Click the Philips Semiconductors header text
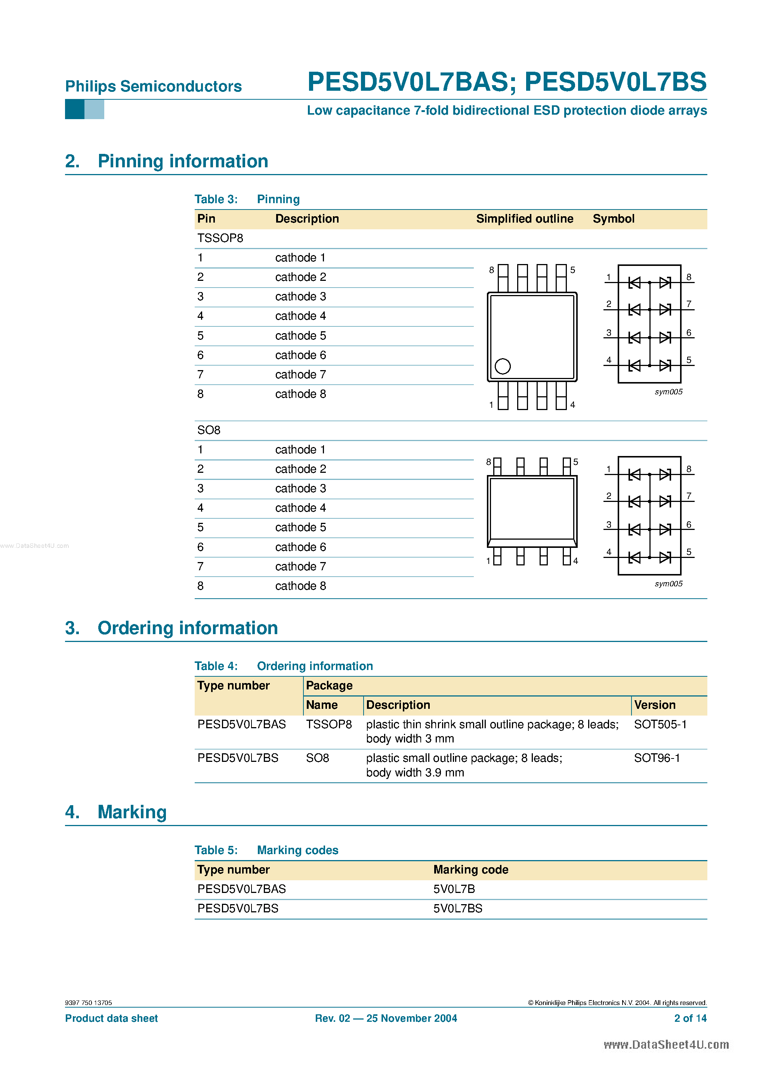pos(153,87)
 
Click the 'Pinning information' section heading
pos(183,161)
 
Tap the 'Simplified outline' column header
pos(525,219)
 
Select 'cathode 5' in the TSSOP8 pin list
pos(300,336)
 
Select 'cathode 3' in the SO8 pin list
pos(300,488)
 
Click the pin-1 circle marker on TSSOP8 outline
pos(503,366)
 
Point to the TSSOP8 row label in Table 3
pos(220,238)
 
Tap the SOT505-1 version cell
pos(660,725)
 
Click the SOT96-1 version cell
pos(657,758)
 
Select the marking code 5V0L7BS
pos(457,908)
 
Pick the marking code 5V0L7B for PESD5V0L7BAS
pos(454,889)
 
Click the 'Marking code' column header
pos(470,869)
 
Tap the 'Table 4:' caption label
pos(216,666)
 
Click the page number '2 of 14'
pos(690,1018)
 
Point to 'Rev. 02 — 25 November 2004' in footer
pos(386,1018)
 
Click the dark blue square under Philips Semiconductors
pos(74,109)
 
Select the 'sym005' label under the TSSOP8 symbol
pos(668,392)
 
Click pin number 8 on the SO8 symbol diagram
pos(689,469)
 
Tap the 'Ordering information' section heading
pos(188,628)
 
